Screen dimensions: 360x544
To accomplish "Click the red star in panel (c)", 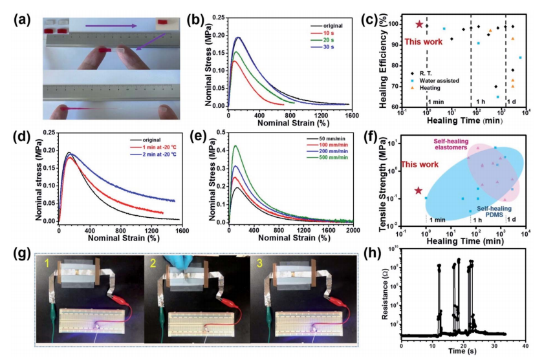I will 419,25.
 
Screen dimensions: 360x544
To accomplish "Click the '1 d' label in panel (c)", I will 516,101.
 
